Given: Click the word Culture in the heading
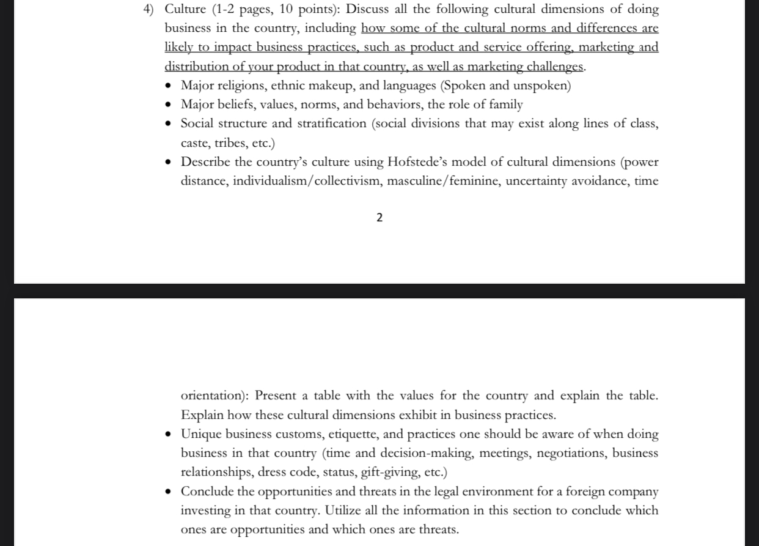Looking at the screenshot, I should tap(185, 9).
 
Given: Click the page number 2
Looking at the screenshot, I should tap(380, 218).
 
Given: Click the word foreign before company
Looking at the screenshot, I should tap(591, 492).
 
